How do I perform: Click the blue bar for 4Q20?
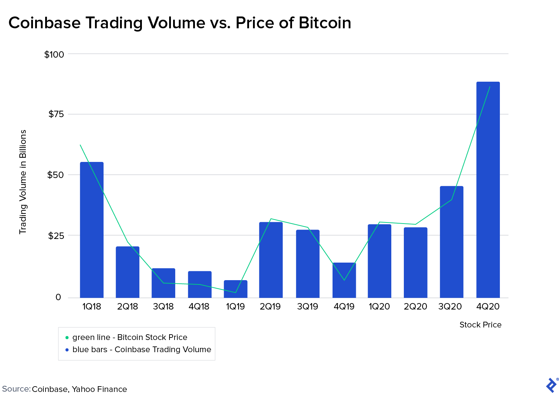click(x=488, y=190)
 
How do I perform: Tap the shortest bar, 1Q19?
click(x=235, y=289)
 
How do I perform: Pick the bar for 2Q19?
click(x=271, y=260)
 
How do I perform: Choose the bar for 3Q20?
click(x=451, y=242)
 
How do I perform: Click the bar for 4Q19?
click(x=344, y=280)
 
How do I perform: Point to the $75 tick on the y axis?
click(x=56, y=114)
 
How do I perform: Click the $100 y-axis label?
click(x=54, y=54)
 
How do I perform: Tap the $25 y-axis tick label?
click(x=56, y=236)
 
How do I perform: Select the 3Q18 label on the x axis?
click(x=163, y=307)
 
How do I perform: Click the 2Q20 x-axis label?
click(x=415, y=307)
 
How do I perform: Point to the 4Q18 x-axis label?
click(x=199, y=307)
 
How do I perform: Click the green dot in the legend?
click(x=67, y=337)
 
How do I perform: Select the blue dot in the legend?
click(x=67, y=350)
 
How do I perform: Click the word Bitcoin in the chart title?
click(x=325, y=23)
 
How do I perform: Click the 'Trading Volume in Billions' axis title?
click(x=23, y=182)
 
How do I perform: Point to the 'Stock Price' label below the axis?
click(x=480, y=325)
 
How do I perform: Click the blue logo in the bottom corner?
click(x=551, y=385)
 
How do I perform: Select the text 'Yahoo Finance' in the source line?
click(x=99, y=389)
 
